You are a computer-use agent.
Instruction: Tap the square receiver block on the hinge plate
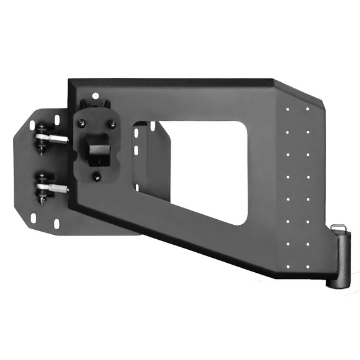click(96, 146)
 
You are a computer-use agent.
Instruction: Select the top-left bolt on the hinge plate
click(81, 123)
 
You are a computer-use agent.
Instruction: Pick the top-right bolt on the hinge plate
click(112, 124)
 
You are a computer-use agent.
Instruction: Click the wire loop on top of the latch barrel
click(338, 227)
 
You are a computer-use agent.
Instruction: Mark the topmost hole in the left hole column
click(287, 109)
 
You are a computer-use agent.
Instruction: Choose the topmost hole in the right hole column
click(308, 109)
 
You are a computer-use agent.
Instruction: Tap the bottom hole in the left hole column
click(287, 266)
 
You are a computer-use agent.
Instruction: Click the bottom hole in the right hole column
click(308, 266)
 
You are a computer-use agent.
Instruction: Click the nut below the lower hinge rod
click(42, 201)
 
